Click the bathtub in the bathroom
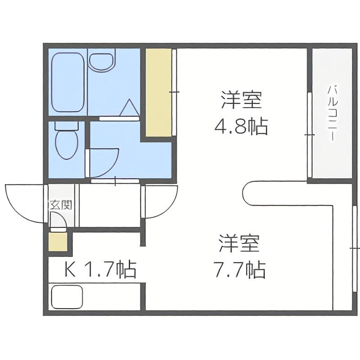68,83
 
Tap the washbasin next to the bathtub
102,62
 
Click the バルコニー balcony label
332,114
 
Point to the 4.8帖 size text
241,126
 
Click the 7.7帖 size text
239,270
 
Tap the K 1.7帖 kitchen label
100,269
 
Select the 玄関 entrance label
61,205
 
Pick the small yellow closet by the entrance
58,242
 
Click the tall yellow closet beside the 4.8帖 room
159,92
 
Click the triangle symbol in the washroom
130,108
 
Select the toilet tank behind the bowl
67,126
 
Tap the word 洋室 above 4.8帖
242,100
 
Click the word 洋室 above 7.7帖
239,243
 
